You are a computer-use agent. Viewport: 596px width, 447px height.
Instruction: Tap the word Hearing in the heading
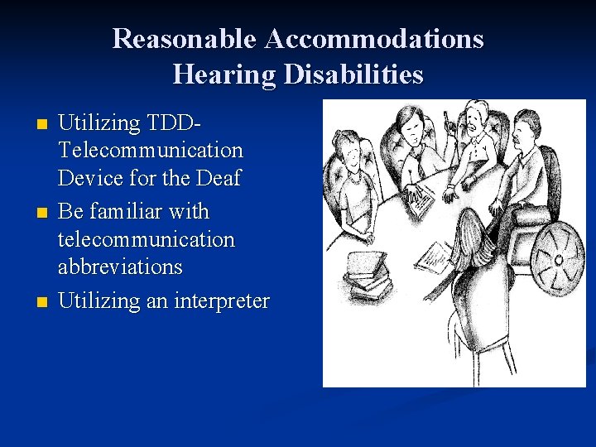[x=223, y=74]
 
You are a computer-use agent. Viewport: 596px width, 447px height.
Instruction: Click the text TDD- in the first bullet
[x=174, y=123]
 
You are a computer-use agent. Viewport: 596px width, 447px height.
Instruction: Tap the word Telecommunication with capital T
[x=151, y=151]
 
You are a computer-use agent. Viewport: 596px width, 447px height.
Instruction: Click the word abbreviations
[x=121, y=267]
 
